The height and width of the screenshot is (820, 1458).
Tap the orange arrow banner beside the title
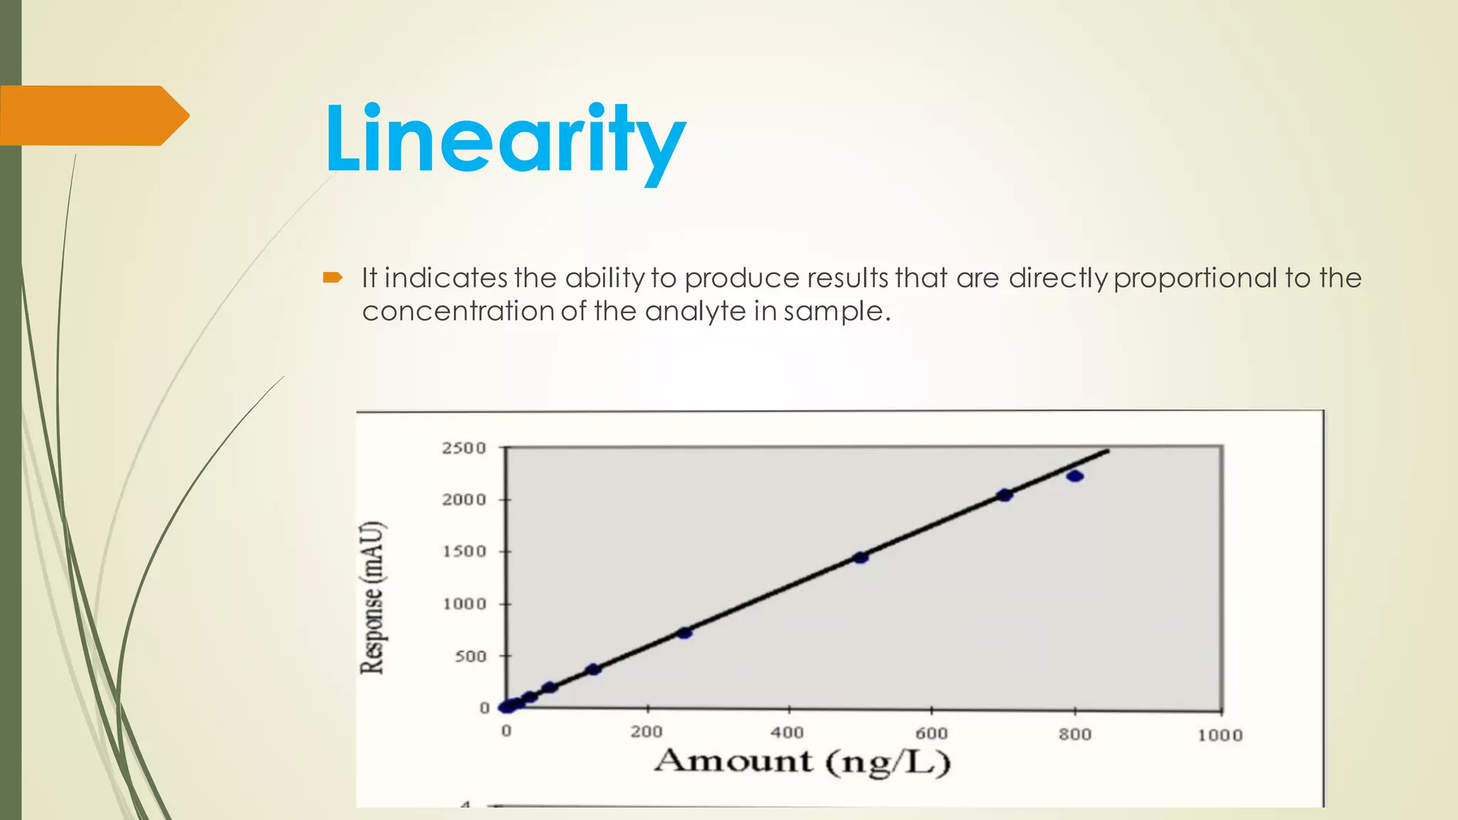(x=93, y=115)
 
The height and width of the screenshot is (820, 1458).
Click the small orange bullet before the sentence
(x=332, y=278)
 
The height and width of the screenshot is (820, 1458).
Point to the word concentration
(x=458, y=311)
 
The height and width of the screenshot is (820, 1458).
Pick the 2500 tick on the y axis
(x=464, y=448)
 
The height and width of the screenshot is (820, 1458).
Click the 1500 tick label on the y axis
(x=464, y=552)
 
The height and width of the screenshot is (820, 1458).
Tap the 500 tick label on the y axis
(x=471, y=656)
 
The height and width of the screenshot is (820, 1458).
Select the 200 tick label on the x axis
(x=646, y=732)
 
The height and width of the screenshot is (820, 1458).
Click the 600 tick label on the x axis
(x=931, y=733)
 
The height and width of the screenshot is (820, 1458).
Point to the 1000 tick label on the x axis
(x=1220, y=735)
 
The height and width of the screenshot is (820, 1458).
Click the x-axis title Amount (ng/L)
(x=802, y=762)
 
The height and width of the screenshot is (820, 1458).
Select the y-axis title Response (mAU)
(x=372, y=598)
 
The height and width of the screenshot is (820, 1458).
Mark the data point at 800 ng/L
(x=1075, y=475)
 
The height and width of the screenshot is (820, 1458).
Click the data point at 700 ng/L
(x=1005, y=495)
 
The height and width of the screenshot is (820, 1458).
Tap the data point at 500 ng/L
(x=861, y=557)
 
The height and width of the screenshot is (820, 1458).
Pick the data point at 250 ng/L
(x=684, y=633)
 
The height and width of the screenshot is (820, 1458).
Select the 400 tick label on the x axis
(x=787, y=732)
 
